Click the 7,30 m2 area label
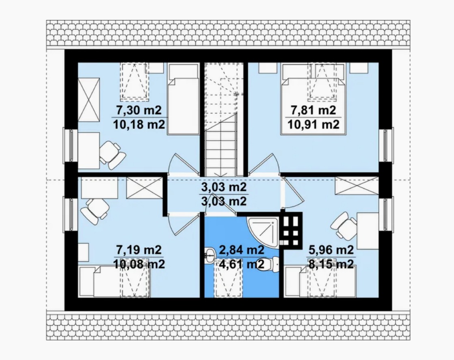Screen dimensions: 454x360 (x=138, y=110)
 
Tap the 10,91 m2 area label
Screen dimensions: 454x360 (x=313, y=125)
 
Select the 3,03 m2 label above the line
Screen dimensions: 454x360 (x=224, y=187)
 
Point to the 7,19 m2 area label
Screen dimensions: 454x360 (x=138, y=249)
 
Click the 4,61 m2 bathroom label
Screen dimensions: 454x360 (x=242, y=264)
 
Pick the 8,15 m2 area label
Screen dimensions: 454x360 (x=331, y=264)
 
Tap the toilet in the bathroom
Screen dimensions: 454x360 (x=268, y=264)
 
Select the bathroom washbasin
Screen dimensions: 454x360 (x=210, y=256)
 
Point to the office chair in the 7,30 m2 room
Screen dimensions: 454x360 (x=112, y=155)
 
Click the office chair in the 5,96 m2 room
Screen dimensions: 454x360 (x=344, y=226)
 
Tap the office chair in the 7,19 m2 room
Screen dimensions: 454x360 (x=95, y=211)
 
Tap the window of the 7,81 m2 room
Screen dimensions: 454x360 (x=385, y=145)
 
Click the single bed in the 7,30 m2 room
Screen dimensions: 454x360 (x=183, y=99)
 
